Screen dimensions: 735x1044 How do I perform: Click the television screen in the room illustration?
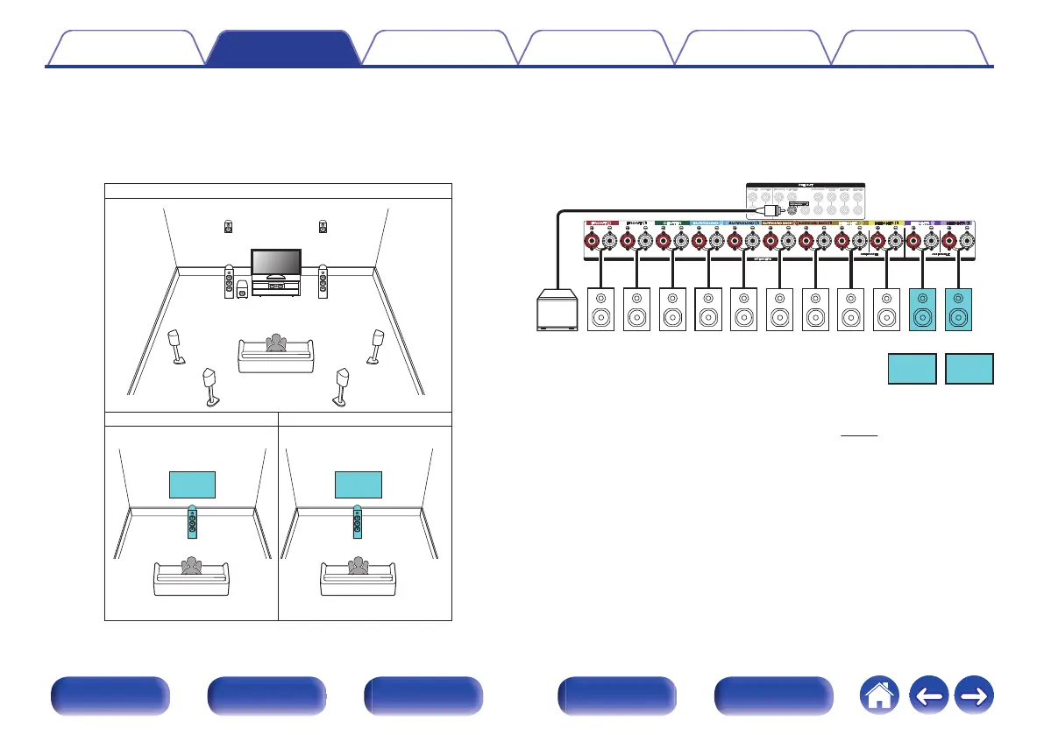(277, 262)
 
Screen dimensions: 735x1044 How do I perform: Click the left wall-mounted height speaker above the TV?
(228, 226)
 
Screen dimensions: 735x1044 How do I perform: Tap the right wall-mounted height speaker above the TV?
(323, 226)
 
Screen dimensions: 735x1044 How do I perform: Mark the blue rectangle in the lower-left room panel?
(192, 484)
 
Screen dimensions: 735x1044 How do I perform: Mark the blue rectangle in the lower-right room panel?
(359, 484)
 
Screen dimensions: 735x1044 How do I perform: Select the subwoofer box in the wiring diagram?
(557, 313)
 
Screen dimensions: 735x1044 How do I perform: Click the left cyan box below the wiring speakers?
(911, 369)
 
